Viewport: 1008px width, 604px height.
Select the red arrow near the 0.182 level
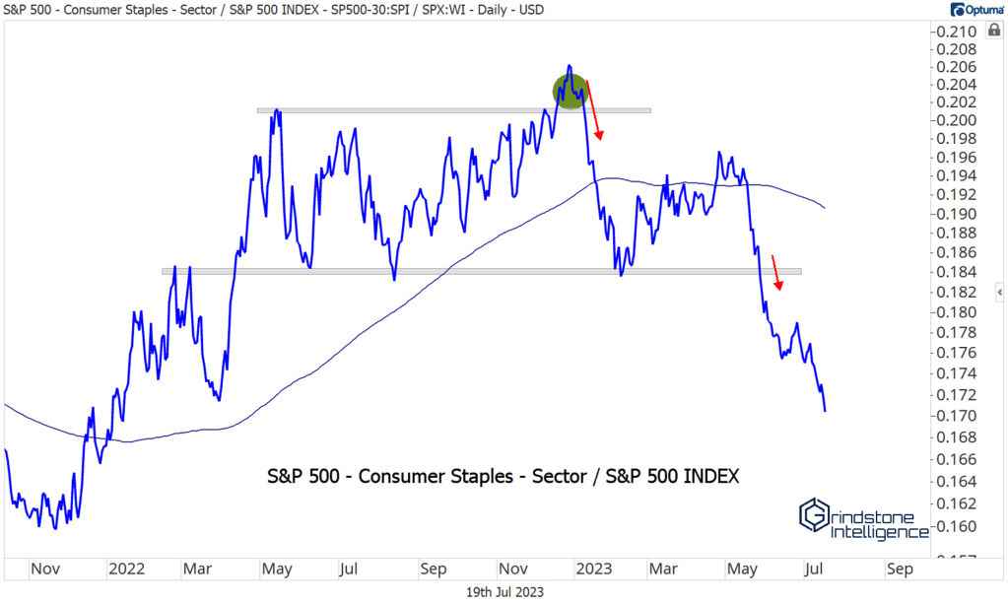point(776,273)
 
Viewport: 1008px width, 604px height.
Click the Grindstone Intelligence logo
point(863,518)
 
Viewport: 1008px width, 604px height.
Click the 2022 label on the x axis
point(127,570)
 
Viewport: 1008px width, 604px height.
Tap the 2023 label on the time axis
point(593,570)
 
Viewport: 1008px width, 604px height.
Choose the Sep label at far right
point(898,570)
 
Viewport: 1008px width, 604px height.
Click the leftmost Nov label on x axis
point(46,570)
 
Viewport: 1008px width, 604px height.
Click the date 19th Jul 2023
point(504,591)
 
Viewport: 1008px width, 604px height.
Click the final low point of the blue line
point(825,411)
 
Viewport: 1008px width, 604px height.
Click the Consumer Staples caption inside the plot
point(504,476)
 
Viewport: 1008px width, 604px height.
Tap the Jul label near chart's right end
point(813,570)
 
